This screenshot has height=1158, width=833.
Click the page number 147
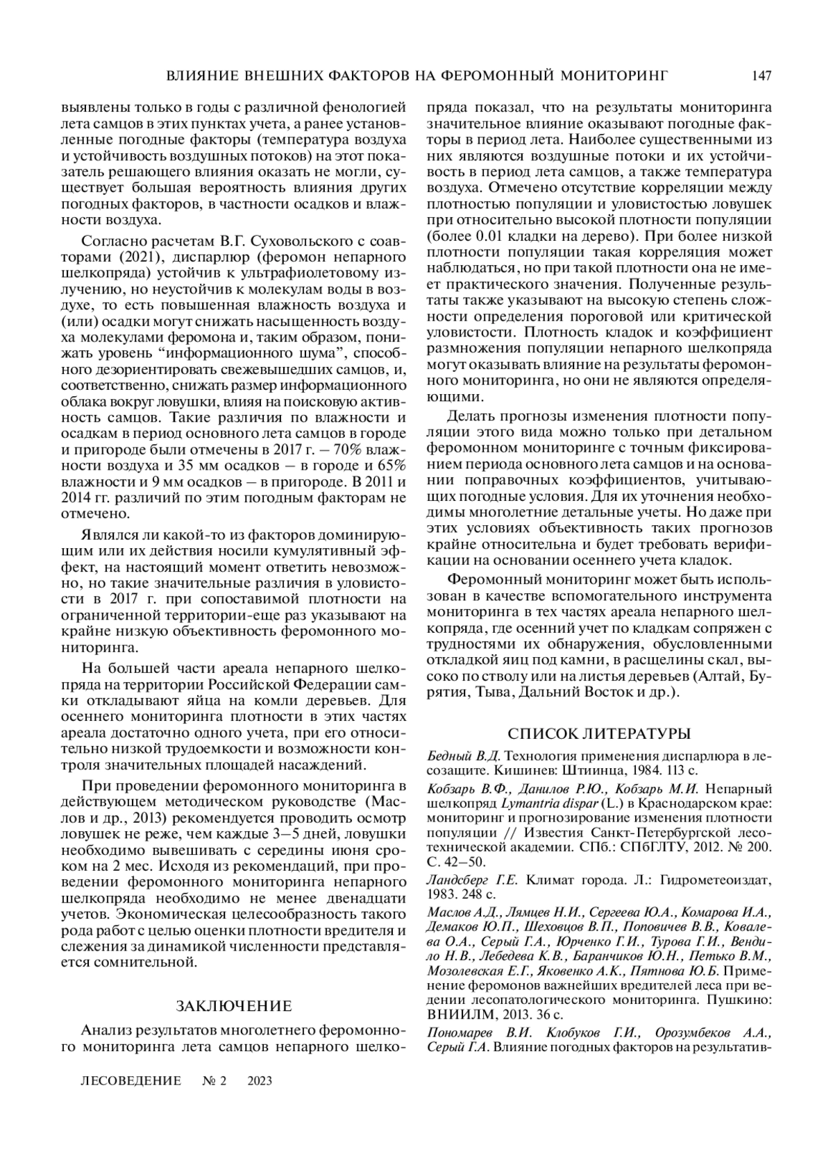(761, 76)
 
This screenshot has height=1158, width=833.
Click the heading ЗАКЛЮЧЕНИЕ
(233, 1006)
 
